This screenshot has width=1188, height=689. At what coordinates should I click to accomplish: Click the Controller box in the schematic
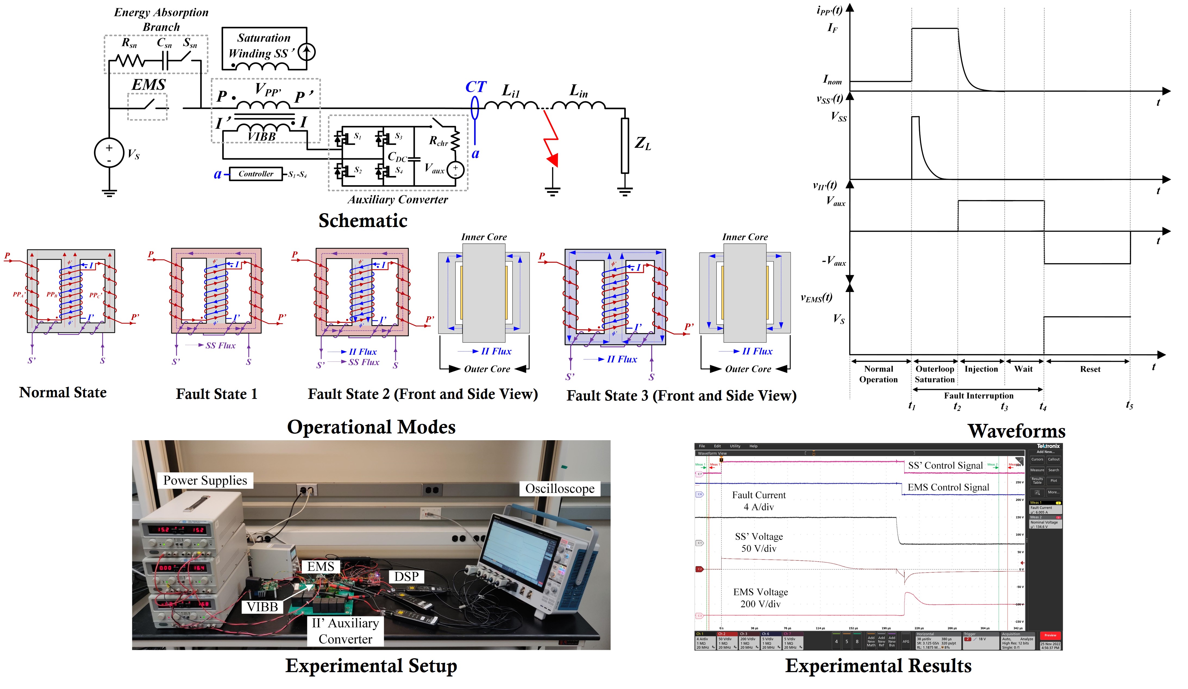pos(256,174)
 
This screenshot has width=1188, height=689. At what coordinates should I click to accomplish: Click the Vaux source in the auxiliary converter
pos(455,170)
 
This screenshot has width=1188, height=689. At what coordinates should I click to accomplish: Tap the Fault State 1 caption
pos(217,394)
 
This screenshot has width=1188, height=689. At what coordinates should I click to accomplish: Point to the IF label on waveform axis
pos(833,28)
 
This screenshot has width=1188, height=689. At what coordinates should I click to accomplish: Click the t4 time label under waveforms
pos(1043,407)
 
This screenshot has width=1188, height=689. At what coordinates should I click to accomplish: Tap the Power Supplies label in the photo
pos(205,480)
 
